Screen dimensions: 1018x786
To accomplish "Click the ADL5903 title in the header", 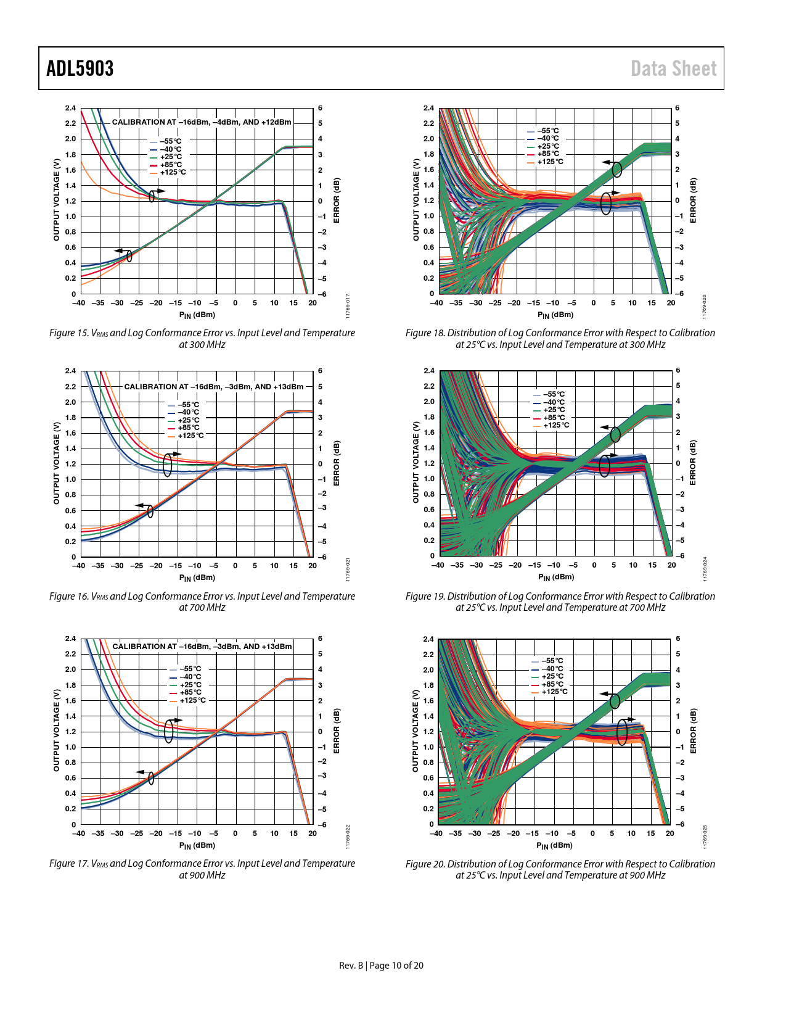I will click(x=80, y=68).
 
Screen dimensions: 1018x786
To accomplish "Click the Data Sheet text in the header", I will click(x=673, y=68).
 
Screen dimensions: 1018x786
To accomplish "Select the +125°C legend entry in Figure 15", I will click(x=173, y=172).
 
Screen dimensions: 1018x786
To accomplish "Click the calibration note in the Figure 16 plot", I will click(x=214, y=387).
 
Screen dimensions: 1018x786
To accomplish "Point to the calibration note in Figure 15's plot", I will click(x=202, y=122).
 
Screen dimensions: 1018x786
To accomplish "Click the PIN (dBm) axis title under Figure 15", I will click(x=197, y=315).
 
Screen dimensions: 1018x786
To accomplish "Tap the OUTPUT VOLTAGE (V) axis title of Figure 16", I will click(x=57, y=463).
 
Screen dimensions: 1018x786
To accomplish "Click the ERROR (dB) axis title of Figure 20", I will click(x=693, y=731).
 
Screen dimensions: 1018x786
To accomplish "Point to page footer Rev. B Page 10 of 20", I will click(x=381, y=966).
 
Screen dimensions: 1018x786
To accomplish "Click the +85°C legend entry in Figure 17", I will click(x=190, y=692).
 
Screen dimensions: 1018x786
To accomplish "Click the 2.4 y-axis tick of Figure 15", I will click(x=71, y=108).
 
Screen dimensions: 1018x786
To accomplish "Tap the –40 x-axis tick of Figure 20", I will click(x=436, y=833).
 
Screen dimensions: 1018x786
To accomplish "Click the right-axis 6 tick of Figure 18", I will click(x=677, y=108).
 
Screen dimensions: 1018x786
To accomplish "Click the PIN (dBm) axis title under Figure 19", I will click(x=556, y=577).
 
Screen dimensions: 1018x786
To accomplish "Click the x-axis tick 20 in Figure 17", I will click(x=313, y=833).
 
